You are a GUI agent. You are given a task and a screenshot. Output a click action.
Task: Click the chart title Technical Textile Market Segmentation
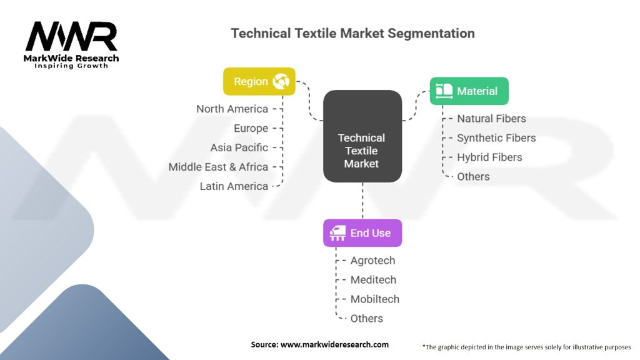coord(352,33)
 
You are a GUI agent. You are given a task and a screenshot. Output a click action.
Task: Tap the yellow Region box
coord(259,81)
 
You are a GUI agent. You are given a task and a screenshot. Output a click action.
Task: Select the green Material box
coord(469,91)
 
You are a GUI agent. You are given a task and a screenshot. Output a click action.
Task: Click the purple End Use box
coord(362,232)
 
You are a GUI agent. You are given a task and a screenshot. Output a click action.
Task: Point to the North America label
coord(232,109)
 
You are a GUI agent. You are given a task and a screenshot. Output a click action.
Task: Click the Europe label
coord(251,128)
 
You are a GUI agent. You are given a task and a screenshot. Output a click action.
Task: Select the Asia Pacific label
coord(239,147)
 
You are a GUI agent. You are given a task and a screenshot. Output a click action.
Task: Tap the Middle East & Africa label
coord(218,167)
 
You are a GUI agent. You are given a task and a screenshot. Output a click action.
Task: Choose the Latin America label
coord(234,186)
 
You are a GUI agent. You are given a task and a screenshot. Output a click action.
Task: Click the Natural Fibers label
coord(491,119)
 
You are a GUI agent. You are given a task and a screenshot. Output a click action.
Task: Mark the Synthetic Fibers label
coord(496,138)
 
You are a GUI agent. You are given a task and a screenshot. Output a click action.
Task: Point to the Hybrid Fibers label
coord(489,157)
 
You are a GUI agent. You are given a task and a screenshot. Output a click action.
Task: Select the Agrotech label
coord(372,261)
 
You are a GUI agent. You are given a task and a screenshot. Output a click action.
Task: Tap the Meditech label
coord(373,280)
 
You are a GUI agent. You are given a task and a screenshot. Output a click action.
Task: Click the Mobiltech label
coord(374,299)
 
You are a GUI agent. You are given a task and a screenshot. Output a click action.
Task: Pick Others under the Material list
coord(473,177)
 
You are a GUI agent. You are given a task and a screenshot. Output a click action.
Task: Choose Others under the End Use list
coord(366,319)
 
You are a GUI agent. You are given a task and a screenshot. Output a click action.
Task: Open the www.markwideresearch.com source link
coord(334,344)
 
